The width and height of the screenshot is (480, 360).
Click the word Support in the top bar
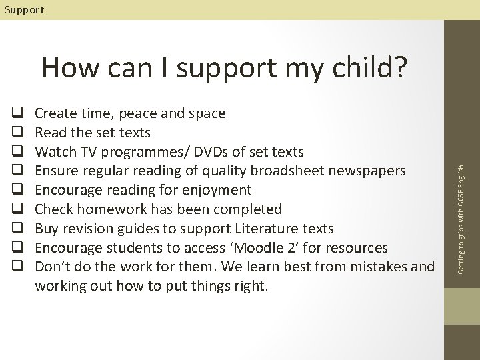click(23, 9)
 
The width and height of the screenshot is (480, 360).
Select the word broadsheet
click(286, 171)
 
